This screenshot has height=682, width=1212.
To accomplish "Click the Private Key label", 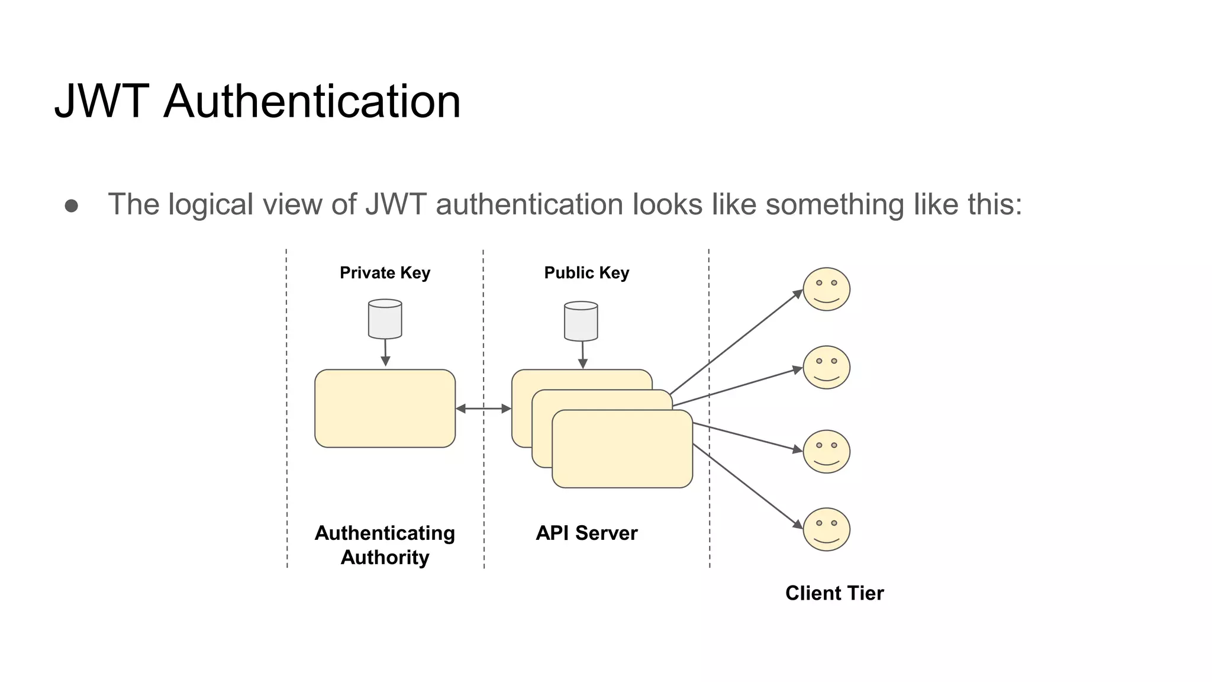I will (385, 273).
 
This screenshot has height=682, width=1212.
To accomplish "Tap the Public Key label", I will (586, 273).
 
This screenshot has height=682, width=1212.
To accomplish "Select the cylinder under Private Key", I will (385, 319).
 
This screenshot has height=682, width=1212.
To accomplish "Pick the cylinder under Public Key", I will (581, 321).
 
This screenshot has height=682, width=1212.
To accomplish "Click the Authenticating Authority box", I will (385, 408).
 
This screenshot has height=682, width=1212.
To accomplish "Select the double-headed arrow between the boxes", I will (483, 408).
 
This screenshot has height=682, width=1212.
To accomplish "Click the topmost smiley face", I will (826, 289).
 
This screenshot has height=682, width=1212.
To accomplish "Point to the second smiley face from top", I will (826, 367).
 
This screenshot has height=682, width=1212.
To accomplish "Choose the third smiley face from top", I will (826, 451).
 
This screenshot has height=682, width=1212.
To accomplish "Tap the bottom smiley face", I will (826, 529).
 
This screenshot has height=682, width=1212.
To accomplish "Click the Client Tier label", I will (834, 593).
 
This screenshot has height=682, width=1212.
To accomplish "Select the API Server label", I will (586, 533).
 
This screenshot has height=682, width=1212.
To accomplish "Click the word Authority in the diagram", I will (385, 558).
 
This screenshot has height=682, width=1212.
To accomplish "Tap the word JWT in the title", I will (101, 101).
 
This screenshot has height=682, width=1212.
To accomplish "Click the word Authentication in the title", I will (312, 101).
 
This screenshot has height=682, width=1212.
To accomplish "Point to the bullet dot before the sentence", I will (72, 205).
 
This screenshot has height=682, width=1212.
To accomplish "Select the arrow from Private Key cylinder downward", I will (385, 353).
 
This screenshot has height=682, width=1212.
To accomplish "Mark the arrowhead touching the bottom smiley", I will (798, 524).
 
